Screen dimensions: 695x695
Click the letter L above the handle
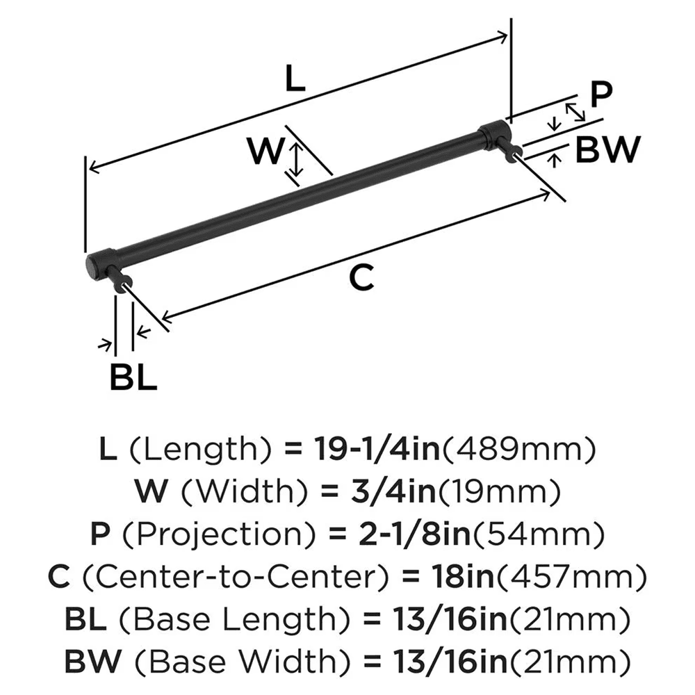[295, 81]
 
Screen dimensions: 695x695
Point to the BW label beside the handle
[606, 149]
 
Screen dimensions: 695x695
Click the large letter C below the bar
[361, 278]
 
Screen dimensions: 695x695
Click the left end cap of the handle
[99, 263]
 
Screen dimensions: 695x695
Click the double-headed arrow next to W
[296, 158]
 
